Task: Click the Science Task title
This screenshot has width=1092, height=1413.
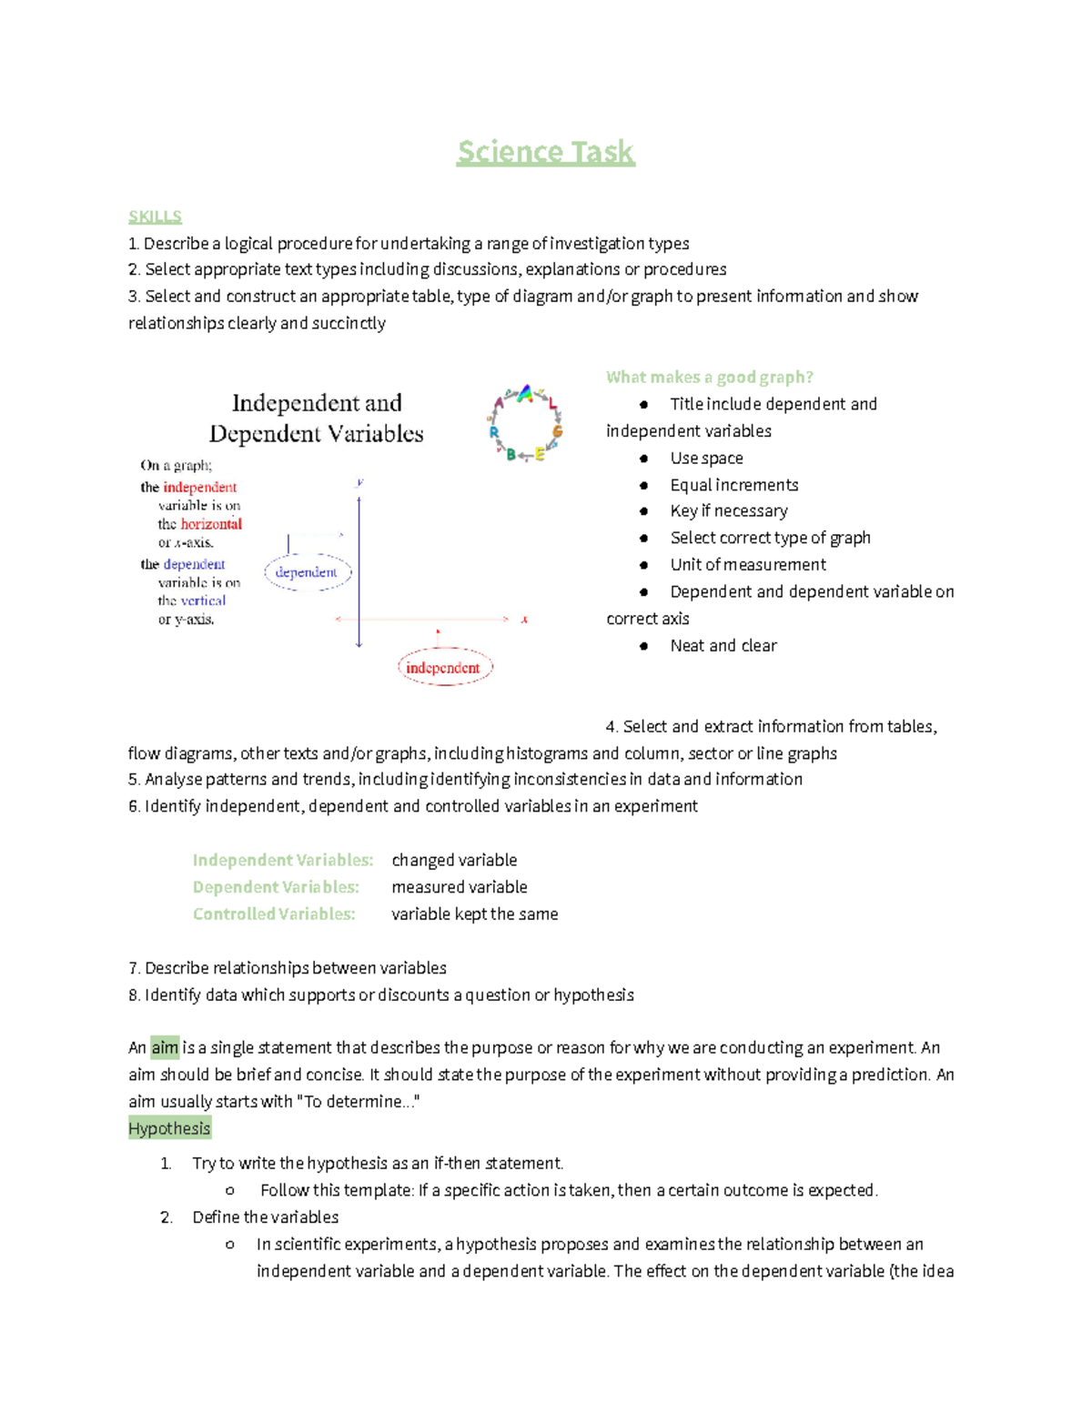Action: pos(545,152)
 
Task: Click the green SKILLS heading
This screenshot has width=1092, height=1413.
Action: pos(155,217)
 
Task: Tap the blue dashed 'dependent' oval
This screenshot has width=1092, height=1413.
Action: pos(308,572)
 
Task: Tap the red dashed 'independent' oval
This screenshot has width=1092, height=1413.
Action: pos(444,668)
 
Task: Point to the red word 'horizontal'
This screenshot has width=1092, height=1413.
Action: pos(211,524)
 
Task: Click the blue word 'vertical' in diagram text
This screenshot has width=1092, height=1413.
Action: pos(203,601)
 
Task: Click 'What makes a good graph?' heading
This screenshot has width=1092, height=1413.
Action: pos(709,377)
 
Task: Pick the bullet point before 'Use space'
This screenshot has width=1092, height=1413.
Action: pos(643,459)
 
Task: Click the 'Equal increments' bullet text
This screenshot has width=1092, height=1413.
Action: pos(733,485)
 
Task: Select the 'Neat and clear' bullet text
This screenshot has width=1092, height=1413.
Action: pos(723,646)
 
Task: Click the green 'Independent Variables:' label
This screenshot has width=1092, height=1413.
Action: pos(282,860)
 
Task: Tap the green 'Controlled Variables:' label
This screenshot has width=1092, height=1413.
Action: pos(273,913)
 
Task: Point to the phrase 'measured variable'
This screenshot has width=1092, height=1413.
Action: pos(459,887)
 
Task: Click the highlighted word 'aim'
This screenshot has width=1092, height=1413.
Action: pos(165,1048)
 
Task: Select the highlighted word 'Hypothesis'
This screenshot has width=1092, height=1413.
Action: pos(169,1129)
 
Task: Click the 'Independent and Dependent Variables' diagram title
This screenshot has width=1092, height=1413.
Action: pos(317,419)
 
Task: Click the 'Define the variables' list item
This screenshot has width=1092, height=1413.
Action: pos(265,1217)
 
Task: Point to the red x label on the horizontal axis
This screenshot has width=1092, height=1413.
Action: pos(524,620)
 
